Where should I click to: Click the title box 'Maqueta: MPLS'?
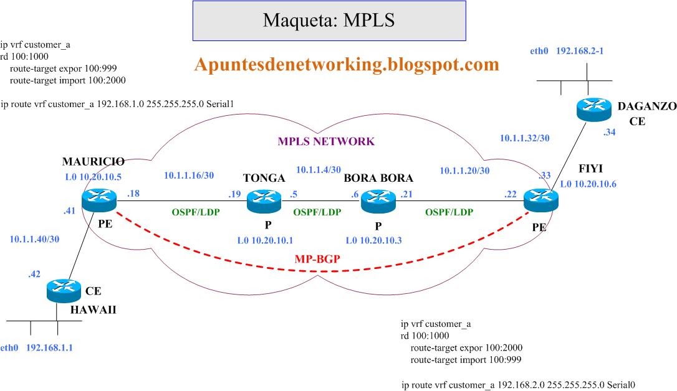[329, 20]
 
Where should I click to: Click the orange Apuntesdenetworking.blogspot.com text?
[347, 64]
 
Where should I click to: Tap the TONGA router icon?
[264, 200]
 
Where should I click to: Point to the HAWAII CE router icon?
[64, 291]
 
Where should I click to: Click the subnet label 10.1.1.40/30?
[36, 238]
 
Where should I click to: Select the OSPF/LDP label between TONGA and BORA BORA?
[318, 212]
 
